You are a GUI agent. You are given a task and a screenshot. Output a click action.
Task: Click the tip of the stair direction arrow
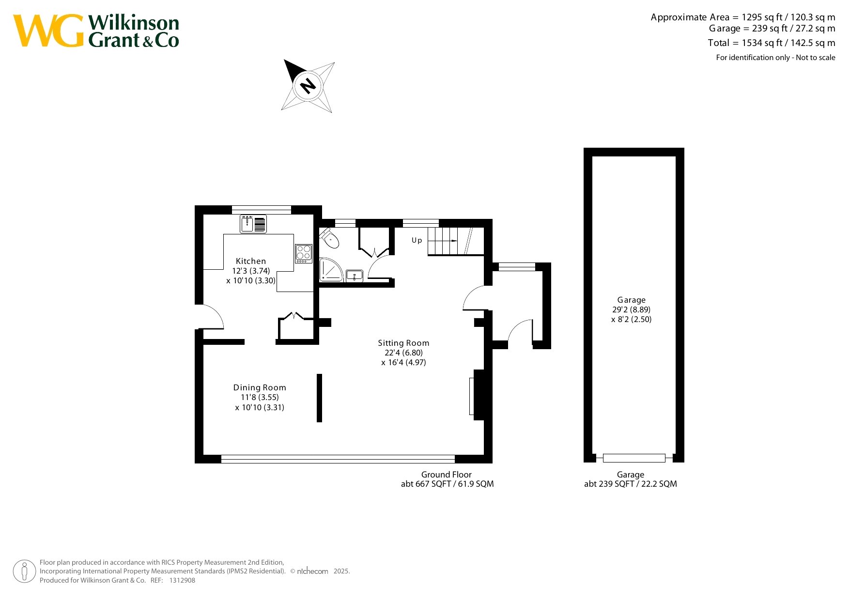pyautogui.click(x=457, y=241)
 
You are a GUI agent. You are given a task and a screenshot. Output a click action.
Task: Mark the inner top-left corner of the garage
pyautogui.click(x=592, y=156)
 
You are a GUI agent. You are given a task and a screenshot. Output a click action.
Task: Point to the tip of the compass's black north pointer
pyautogui.click(x=284, y=60)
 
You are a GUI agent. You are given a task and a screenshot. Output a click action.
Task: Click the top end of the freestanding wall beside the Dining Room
pyautogui.click(x=319, y=374)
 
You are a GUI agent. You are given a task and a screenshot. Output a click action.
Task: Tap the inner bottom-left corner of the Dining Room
pyautogui.click(x=203, y=455)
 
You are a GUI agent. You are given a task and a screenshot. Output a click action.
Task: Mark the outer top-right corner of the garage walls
pyautogui.click(x=684, y=148)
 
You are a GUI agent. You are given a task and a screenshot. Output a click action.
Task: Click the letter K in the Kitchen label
pyautogui.click(x=238, y=261)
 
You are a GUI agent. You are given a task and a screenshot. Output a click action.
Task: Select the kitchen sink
pyautogui.click(x=253, y=224)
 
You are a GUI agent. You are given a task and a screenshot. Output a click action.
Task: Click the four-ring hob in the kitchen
pyautogui.click(x=304, y=253)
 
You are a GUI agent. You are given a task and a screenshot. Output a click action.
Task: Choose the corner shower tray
pyautogui.click(x=331, y=270)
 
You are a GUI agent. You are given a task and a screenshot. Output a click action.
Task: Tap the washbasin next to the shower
pyautogui.click(x=355, y=276)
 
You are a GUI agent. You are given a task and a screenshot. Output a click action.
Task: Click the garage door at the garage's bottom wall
pyautogui.click(x=634, y=458)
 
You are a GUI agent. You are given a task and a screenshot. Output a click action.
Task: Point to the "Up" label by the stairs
pyautogui.click(x=417, y=240)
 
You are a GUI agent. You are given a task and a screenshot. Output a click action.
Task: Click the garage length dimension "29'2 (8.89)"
pyautogui.click(x=632, y=309)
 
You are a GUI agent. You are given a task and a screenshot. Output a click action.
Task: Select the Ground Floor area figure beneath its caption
pyautogui.click(x=447, y=484)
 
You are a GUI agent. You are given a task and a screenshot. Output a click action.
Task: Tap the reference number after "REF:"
pyautogui.click(x=182, y=580)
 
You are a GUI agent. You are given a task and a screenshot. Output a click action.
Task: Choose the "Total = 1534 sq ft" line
pyautogui.click(x=772, y=43)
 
